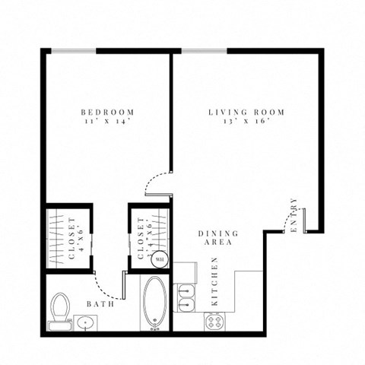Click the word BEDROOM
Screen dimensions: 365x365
(x=107, y=113)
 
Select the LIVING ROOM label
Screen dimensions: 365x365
(x=246, y=113)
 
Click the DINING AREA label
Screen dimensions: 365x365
(x=217, y=237)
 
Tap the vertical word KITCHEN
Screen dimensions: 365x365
(x=215, y=281)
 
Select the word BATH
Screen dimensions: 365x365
(x=100, y=304)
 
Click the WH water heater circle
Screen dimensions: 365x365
(x=160, y=259)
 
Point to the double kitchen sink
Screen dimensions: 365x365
(x=186, y=298)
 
